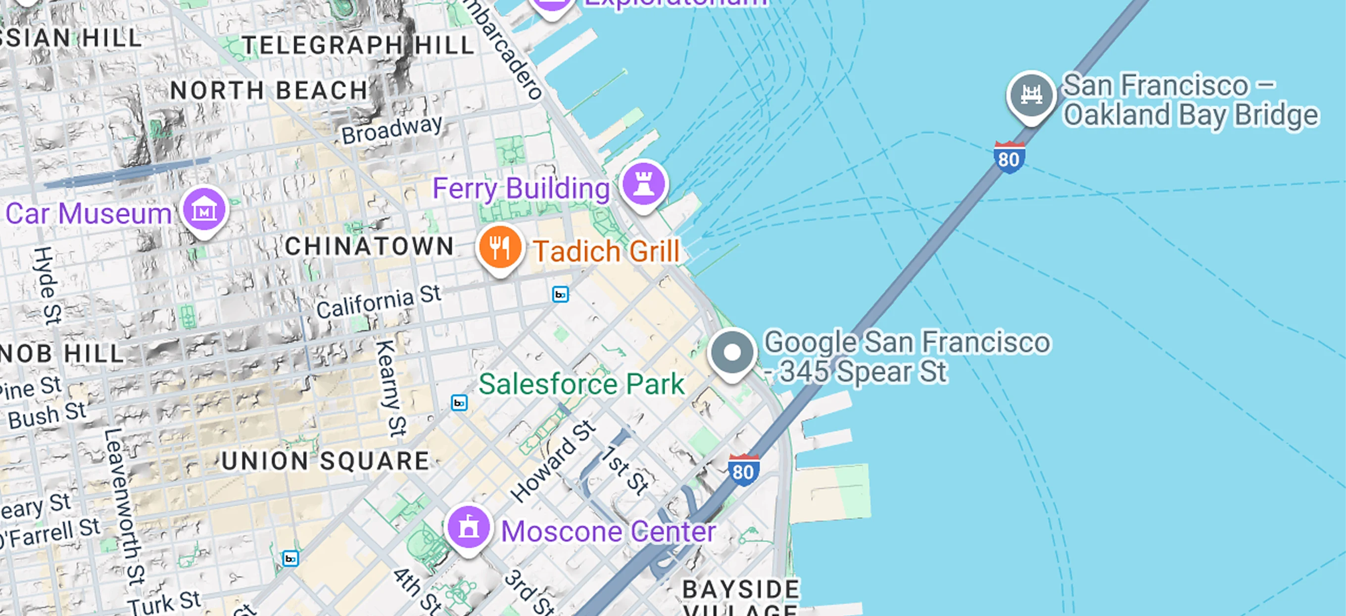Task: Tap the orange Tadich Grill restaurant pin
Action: pyautogui.click(x=499, y=247)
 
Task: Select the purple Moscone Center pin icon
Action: pyautogui.click(x=468, y=528)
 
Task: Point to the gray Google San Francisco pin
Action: pyautogui.click(x=732, y=353)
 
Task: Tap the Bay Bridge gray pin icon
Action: pyautogui.click(x=1031, y=95)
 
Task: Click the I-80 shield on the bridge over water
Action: pyautogui.click(x=1009, y=157)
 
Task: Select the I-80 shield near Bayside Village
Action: pyautogui.click(x=743, y=470)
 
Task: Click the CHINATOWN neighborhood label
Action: pyautogui.click(x=369, y=246)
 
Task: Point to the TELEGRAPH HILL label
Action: pyautogui.click(x=358, y=45)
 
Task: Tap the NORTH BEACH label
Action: pyautogui.click(x=269, y=90)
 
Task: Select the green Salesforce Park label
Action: pyautogui.click(x=581, y=384)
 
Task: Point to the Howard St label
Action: pyautogui.click(x=553, y=461)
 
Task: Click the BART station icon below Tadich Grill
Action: pyautogui.click(x=560, y=295)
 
